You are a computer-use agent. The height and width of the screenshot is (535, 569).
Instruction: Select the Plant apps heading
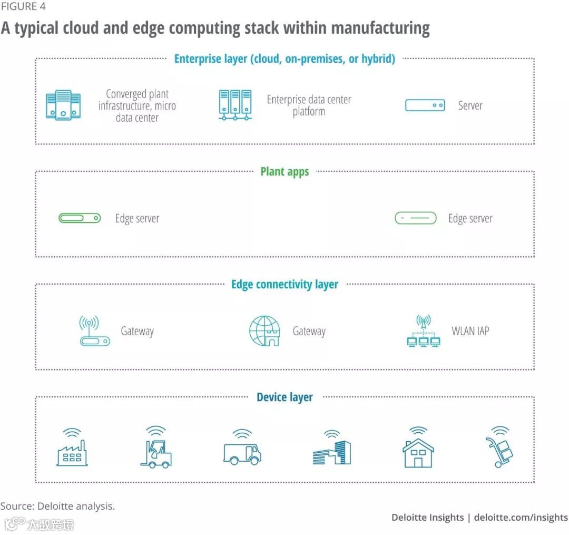coord(284,171)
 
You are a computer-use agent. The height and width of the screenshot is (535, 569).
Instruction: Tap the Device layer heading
coord(284,397)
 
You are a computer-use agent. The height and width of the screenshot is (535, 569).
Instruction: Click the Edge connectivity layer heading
coord(284,285)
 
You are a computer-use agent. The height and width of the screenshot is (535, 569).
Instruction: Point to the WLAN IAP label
coord(470,331)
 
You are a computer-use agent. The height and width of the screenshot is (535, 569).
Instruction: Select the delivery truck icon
coord(242,449)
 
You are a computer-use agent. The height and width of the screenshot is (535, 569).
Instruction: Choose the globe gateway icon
coord(264,331)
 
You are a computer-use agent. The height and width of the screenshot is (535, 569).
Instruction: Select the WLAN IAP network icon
coord(424,332)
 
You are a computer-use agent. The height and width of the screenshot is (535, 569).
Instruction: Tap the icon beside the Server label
coord(425,105)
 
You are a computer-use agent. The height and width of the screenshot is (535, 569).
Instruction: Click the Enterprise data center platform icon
coord(235,104)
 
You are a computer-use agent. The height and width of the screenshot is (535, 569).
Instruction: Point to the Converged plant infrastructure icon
coord(63,104)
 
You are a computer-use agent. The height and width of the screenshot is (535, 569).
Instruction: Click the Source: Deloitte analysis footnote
coord(57,506)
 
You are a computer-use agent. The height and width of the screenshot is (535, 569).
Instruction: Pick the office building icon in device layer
coord(332,449)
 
